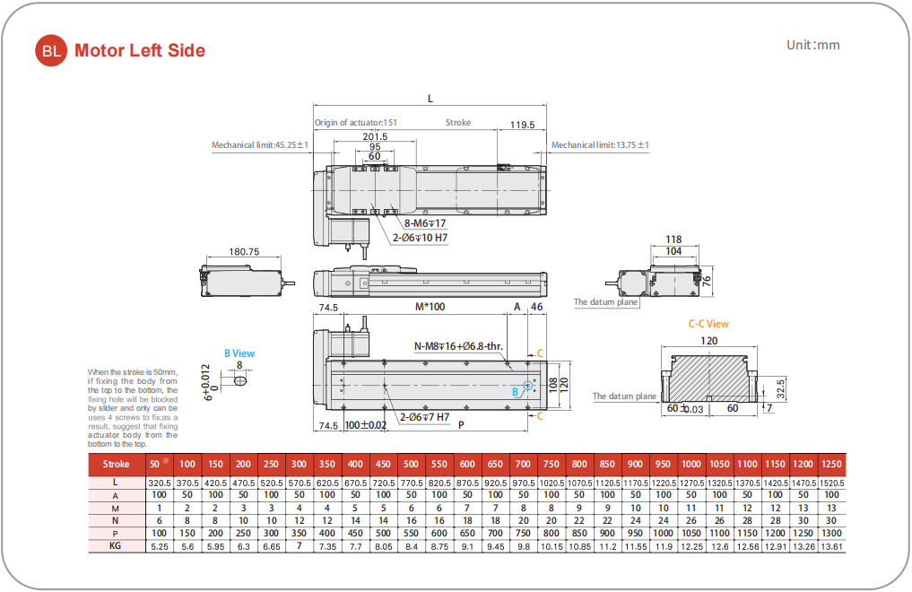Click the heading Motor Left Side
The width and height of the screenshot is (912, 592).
[140, 51]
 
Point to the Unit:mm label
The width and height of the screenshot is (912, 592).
[813, 45]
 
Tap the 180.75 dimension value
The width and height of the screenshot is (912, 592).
[244, 252]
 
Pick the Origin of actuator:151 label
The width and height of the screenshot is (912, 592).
[356, 123]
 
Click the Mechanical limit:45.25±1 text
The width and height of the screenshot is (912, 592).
[260, 144]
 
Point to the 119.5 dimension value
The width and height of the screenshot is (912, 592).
[522, 126]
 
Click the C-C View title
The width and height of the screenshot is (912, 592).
[708, 324]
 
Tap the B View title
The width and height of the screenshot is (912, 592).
[239, 353]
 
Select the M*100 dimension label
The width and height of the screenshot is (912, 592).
[430, 307]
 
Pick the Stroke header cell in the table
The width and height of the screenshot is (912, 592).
[117, 464]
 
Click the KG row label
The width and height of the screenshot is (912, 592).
[117, 545]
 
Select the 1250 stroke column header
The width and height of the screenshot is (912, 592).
[831, 464]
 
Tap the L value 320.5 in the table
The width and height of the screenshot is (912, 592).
[159, 483]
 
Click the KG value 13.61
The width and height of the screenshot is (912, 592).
[831, 545]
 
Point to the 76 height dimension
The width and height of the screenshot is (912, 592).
[707, 280]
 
